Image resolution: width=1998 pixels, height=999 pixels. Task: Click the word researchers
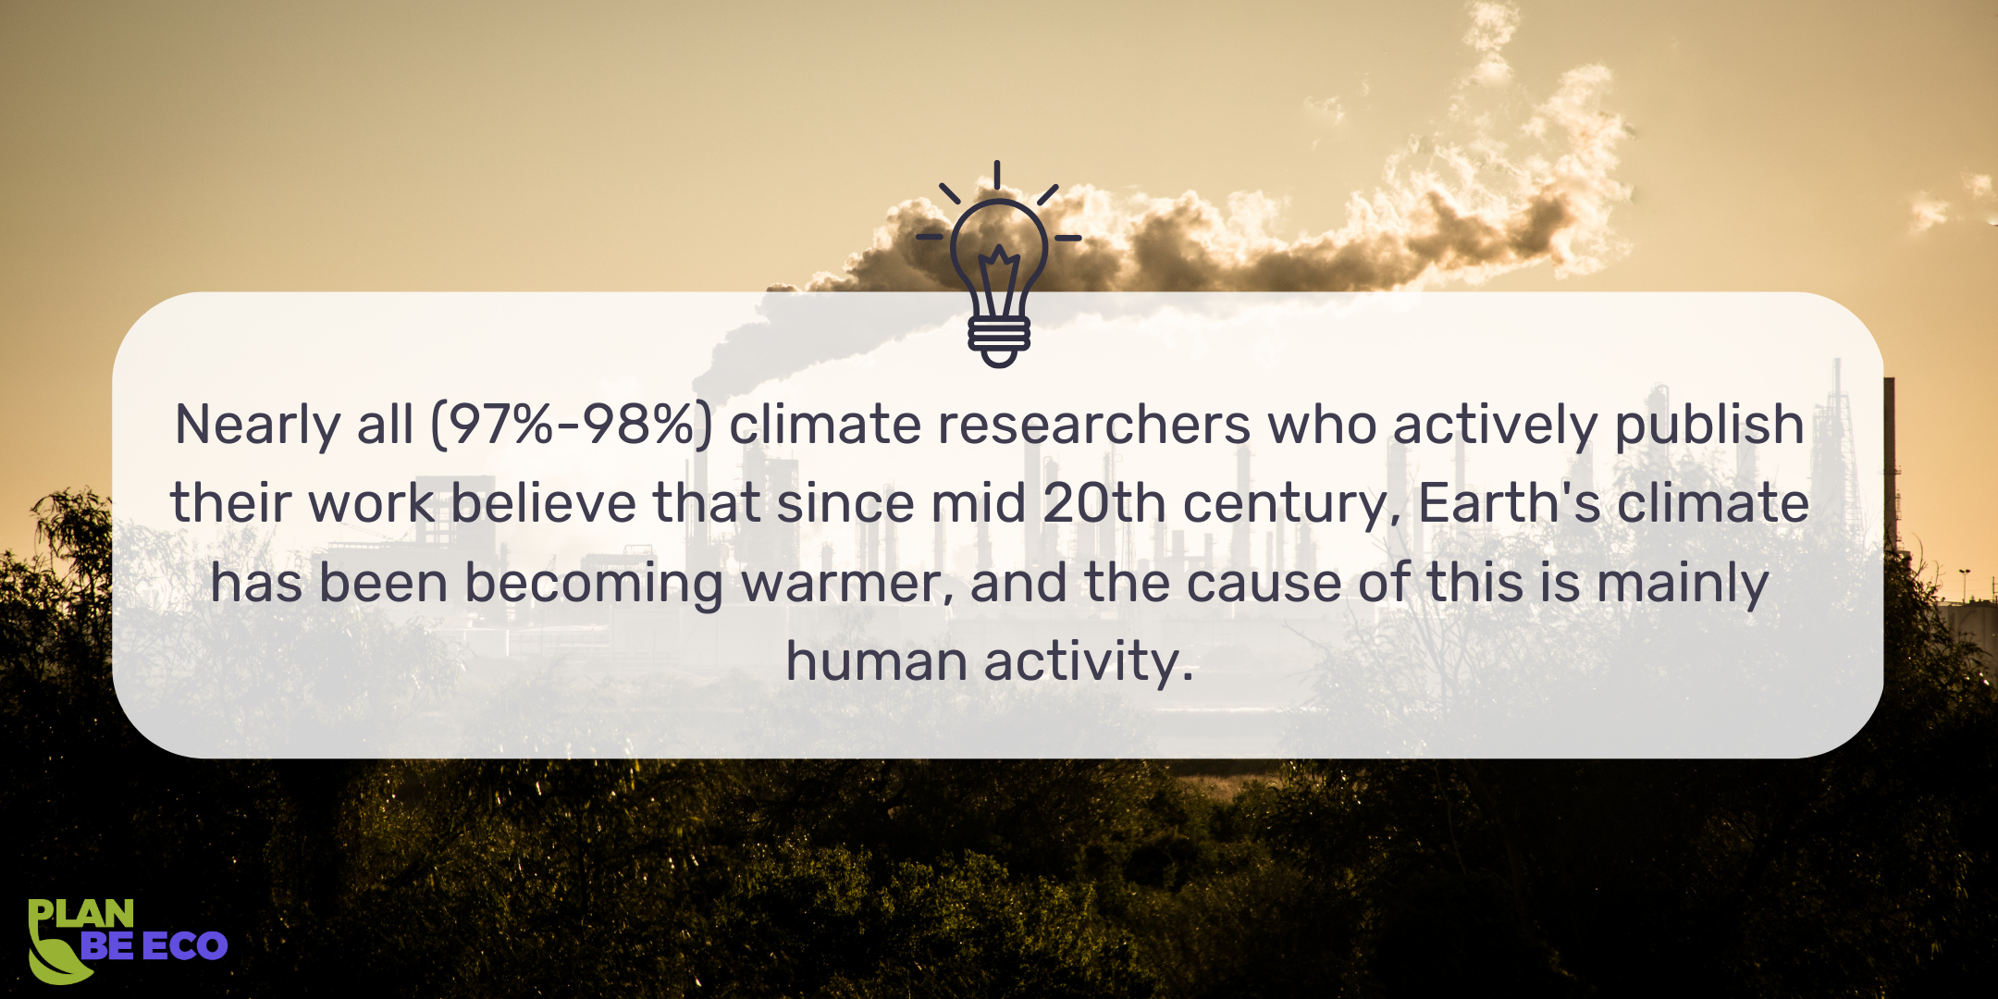click(x=1094, y=425)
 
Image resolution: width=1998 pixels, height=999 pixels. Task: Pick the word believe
click(x=543, y=504)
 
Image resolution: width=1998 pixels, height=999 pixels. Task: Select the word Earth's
click(x=1509, y=504)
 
